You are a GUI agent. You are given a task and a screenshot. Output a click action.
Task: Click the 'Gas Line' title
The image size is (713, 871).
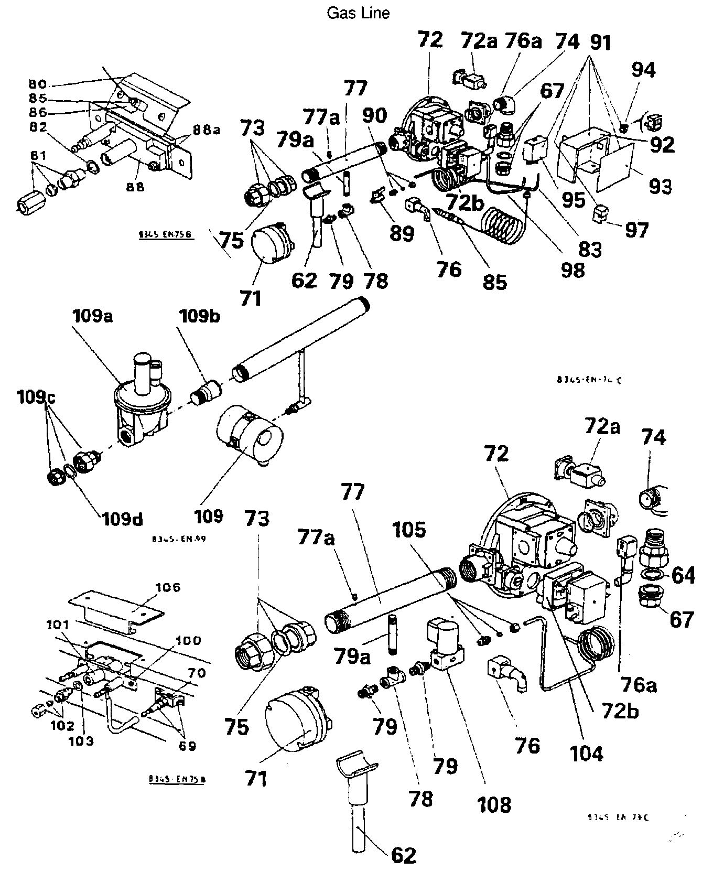tap(358, 13)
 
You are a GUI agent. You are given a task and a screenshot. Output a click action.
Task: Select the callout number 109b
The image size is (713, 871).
tap(200, 317)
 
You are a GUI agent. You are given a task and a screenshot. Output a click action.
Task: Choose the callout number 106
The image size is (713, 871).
tap(167, 588)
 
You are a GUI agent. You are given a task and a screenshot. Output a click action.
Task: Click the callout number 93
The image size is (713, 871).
tap(661, 186)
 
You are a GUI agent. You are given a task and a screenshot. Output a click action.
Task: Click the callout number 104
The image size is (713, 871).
tap(587, 754)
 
